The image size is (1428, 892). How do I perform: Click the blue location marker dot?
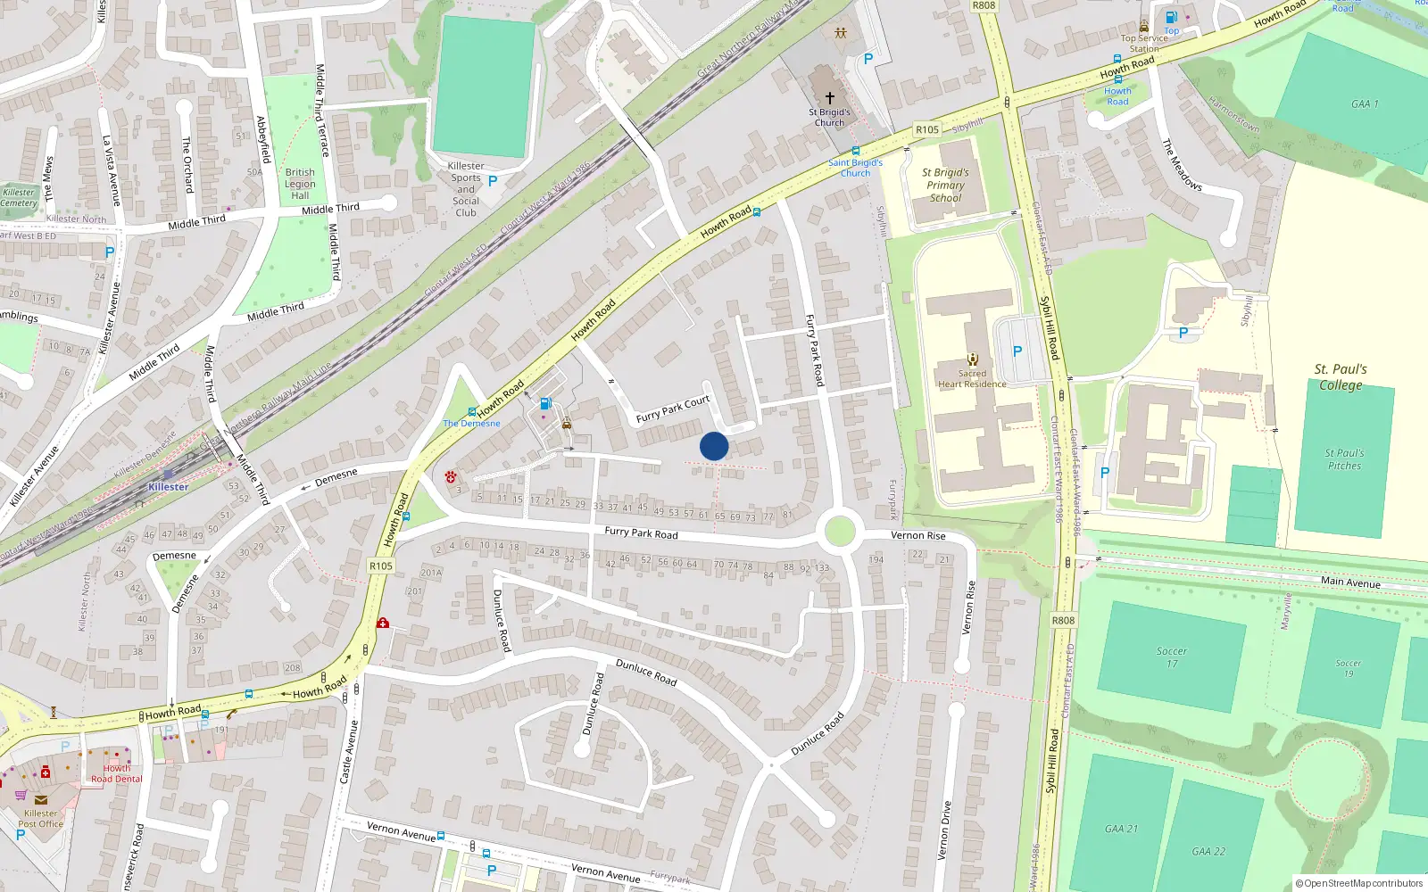(714, 446)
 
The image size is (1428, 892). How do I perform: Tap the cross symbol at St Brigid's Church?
(830, 97)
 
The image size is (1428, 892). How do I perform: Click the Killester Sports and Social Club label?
(466, 189)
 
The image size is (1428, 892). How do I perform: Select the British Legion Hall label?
(300, 184)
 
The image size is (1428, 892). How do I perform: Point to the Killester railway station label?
(169, 487)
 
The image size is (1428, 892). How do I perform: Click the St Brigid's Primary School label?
(945, 186)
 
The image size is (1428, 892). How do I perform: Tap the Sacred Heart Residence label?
(972, 379)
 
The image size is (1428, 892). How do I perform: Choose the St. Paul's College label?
(1341, 376)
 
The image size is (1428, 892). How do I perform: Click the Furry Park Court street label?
(673, 409)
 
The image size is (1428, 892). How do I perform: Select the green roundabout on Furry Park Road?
(840, 531)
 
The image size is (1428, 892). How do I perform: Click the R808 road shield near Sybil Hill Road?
(1063, 620)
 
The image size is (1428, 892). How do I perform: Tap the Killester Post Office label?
(41, 818)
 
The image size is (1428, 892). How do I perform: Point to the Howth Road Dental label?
(117, 773)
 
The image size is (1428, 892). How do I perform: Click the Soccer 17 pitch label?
(1172, 657)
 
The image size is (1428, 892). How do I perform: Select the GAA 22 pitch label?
(1208, 851)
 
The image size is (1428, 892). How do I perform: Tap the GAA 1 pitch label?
(1365, 104)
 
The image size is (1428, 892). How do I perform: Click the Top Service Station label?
(1144, 43)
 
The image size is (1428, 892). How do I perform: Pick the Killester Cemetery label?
(19, 197)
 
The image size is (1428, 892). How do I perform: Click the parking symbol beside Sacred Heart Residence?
(1017, 351)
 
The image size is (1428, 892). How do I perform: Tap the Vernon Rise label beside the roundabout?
(917, 535)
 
